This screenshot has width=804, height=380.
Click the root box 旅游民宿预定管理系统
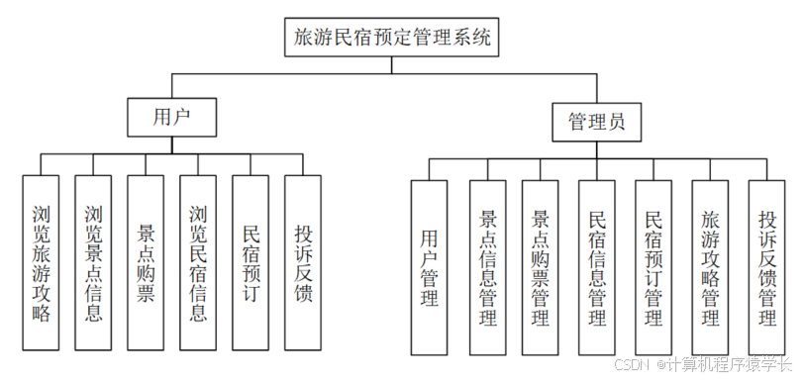click(x=392, y=39)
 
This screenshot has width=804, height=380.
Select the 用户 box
click(x=171, y=117)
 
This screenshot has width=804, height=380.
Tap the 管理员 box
click(x=595, y=123)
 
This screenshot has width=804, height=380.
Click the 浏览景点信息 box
click(x=93, y=263)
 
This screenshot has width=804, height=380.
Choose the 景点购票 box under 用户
click(x=146, y=263)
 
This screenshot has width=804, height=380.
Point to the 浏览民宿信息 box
click(x=198, y=263)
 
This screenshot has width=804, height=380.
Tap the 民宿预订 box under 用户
click(x=251, y=263)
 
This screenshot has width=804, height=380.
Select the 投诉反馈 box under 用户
click(x=303, y=263)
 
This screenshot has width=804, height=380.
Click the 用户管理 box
click(x=430, y=267)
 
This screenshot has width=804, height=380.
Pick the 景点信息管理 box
click(x=487, y=267)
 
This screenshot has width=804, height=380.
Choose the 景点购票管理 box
click(x=541, y=267)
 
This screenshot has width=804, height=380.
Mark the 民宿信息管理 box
click(x=597, y=267)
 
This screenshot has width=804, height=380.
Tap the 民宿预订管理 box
click(x=653, y=267)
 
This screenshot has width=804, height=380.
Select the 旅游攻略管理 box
click(x=709, y=267)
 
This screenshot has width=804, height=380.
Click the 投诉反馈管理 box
click(x=766, y=267)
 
